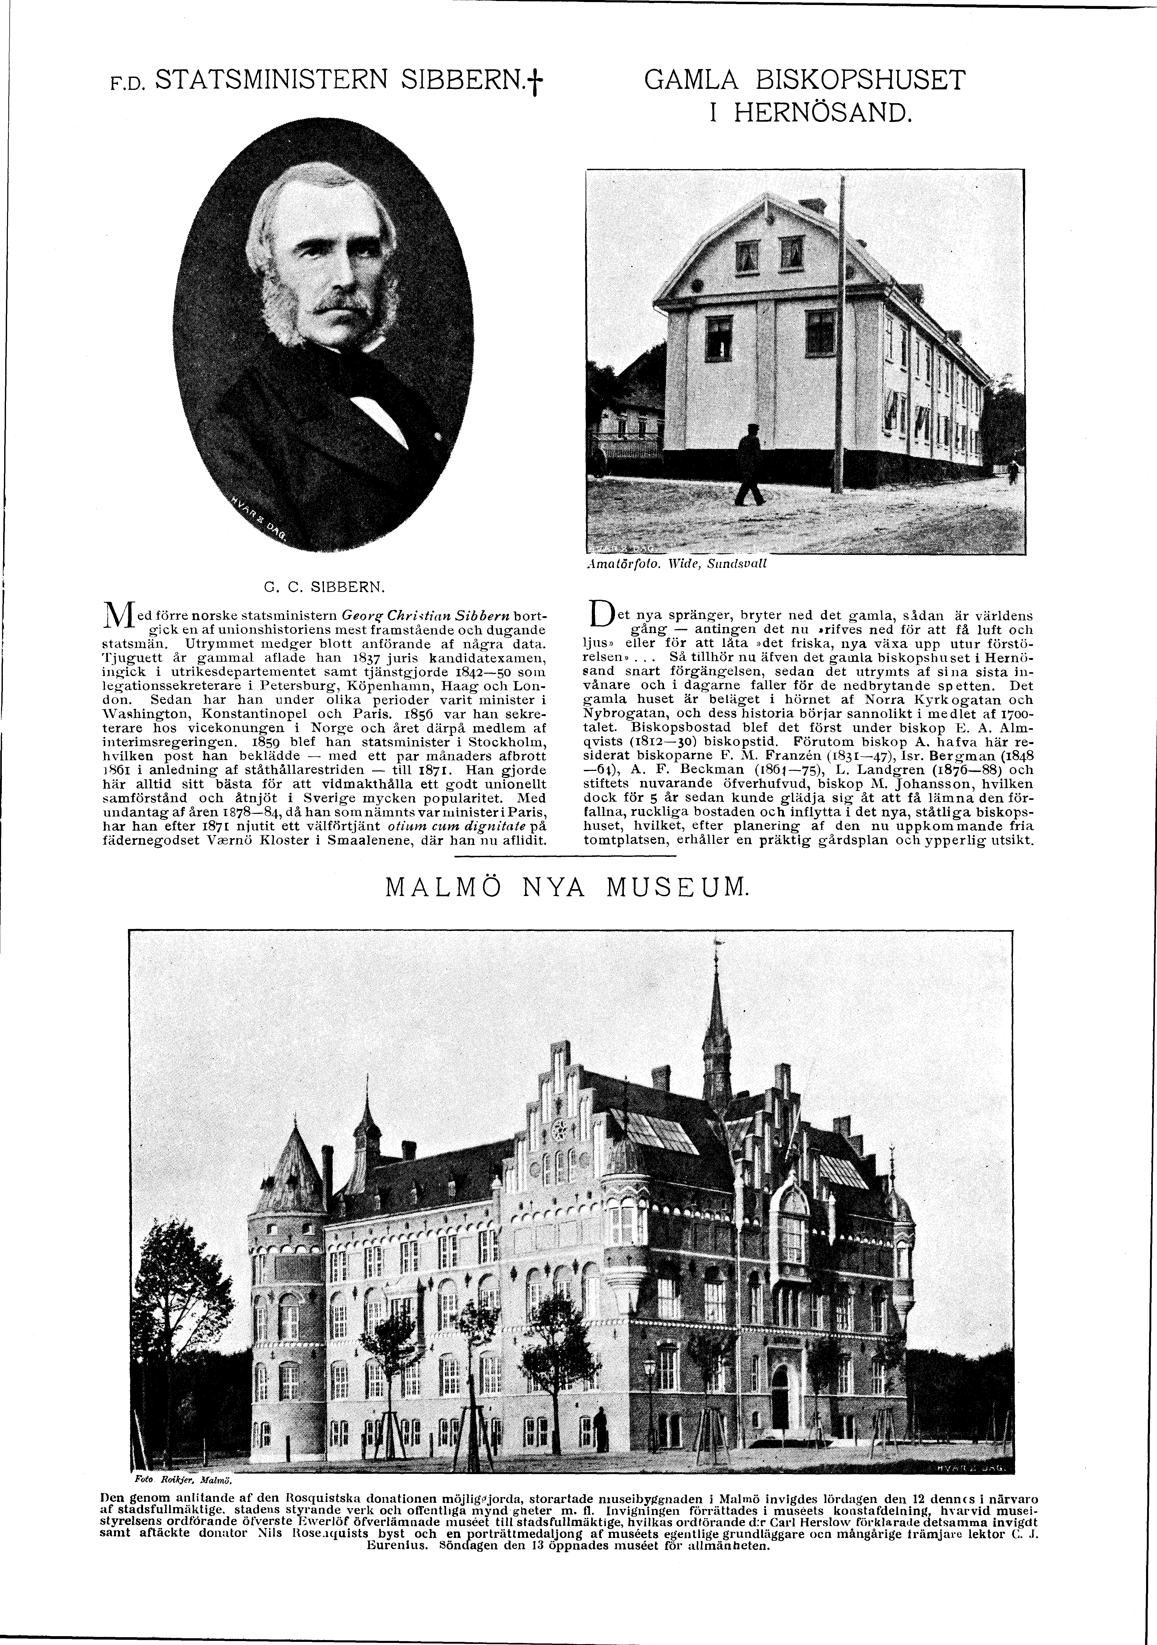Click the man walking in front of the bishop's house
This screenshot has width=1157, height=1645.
[x=749, y=466]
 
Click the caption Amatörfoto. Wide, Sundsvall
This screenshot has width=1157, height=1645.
[x=676, y=563]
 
